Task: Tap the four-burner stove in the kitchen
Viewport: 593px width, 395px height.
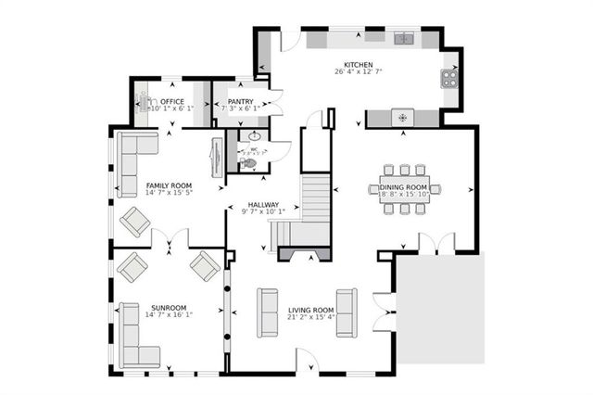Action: click(x=449, y=78)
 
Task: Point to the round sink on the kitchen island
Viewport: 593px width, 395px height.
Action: click(x=400, y=118)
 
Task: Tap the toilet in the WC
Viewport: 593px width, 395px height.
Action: click(x=247, y=164)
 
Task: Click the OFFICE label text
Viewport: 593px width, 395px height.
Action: click(x=172, y=101)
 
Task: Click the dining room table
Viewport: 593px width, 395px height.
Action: click(x=409, y=189)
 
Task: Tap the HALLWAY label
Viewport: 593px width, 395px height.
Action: click(x=264, y=205)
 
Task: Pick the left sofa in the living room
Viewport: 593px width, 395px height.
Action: click(x=268, y=312)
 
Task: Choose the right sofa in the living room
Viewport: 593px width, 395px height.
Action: click(x=347, y=312)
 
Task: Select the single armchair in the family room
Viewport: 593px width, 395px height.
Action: click(x=135, y=221)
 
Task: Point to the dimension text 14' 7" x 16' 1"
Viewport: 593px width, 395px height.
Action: click(x=168, y=315)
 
